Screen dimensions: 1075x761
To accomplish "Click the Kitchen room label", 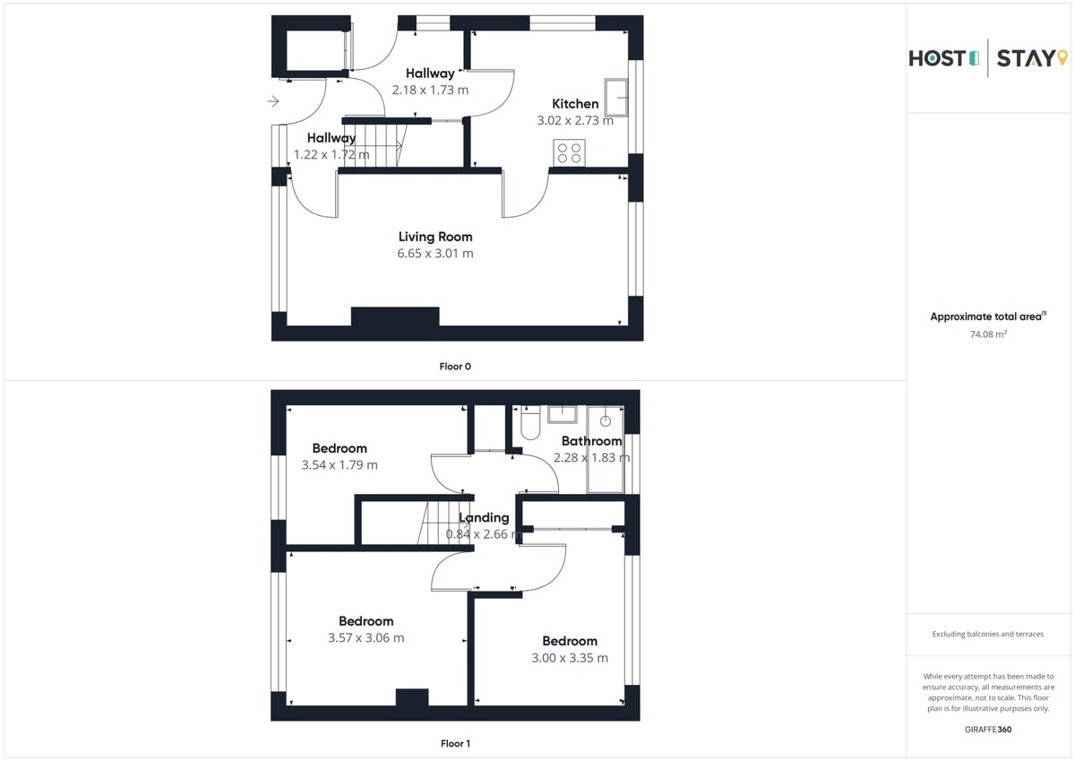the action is tap(575, 104).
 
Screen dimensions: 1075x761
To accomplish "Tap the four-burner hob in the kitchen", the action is tap(569, 152).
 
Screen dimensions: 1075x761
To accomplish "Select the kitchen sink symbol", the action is tap(616, 98).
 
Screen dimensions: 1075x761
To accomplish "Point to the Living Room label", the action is tap(435, 237).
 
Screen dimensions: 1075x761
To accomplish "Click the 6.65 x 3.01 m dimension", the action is tap(435, 253).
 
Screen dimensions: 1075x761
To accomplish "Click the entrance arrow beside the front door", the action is tap(273, 101).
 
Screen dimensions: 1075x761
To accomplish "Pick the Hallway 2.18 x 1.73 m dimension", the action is tap(430, 90).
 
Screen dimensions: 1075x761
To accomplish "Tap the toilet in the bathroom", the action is tap(530, 422).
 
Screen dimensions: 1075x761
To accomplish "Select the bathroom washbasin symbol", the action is tap(563, 414).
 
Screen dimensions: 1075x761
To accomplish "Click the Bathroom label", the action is tap(592, 441).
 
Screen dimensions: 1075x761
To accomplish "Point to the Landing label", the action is tap(484, 517).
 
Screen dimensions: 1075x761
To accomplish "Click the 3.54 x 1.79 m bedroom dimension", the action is tap(340, 465).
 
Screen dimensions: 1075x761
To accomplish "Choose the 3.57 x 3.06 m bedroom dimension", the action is tap(365, 637).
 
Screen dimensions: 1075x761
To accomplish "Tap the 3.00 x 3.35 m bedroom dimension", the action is tap(570, 658).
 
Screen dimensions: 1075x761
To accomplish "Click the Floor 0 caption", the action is tap(455, 367).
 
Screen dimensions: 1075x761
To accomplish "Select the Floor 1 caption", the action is tap(455, 743).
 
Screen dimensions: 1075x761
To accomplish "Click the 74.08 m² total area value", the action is tap(988, 333).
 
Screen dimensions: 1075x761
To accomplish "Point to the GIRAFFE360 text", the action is tap(987, 730).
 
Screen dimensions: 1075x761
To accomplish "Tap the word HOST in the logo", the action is tap(937, 58).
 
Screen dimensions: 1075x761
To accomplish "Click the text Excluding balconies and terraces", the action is tap(987, 634).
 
